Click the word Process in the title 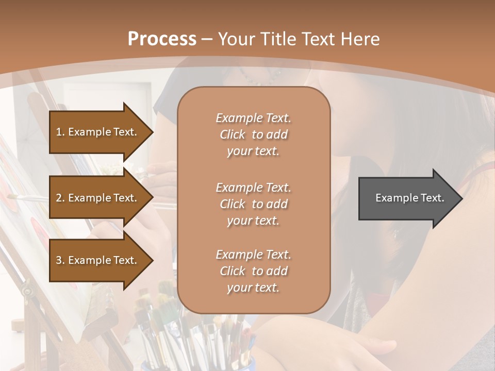click(162, 39)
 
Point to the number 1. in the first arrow click(60, 132)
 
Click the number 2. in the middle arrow click(60, 198)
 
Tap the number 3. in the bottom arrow click(60, 260)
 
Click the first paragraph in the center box click(253, 134)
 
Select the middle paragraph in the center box click(253, 204)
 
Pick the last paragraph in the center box click(253, 271)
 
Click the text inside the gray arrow click(409, 198)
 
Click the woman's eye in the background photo click(397, 234)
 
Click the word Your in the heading click(236, 39)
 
